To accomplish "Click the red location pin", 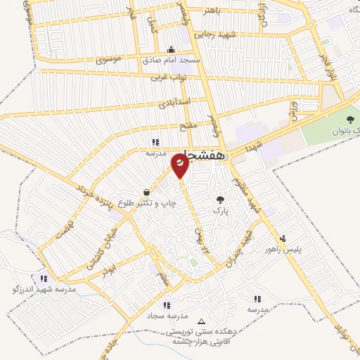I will pyautogui.click(x=181, y=166).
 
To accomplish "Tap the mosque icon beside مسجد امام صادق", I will pyautogui.click(x=172, y=49).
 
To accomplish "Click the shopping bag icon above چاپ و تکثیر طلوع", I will pyautogui.click(x=146, y=192).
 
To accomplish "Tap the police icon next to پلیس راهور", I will pyautogui.click(x=283, y=238).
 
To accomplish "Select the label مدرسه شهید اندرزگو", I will pyautogui.click(x=44, y=289).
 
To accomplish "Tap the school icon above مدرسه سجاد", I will pyautogui.click(x=167, y=304).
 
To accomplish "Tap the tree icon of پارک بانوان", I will pyautogui.click(x=350, y=119).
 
